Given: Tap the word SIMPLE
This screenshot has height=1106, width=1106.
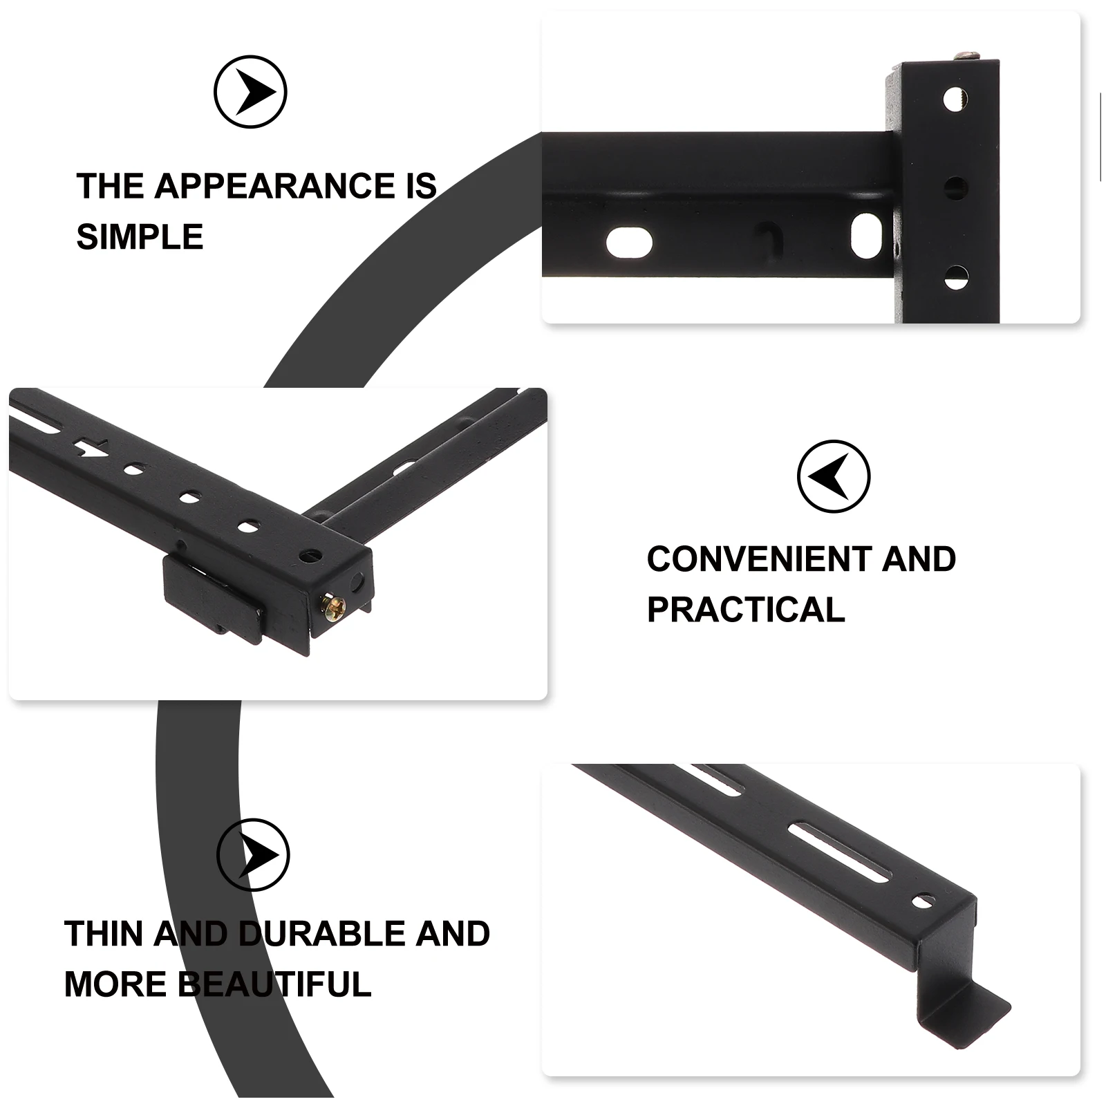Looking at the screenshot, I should tap(140, 237).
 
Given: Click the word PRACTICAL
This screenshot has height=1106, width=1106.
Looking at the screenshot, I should tap(746, 610).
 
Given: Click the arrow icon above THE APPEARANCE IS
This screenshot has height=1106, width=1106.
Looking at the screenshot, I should tap(250, 92).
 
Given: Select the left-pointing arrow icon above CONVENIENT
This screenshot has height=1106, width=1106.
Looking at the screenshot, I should tap(833, 476).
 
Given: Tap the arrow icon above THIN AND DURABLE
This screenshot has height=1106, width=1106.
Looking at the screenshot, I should tap(253, 855).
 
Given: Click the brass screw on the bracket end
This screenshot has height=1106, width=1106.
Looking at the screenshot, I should tap(331, 606).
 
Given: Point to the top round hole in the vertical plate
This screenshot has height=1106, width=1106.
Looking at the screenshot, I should tap(955, 98).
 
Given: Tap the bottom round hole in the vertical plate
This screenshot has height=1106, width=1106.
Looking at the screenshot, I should tap(955, 278).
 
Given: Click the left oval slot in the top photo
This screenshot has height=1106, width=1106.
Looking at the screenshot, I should tap(629, 243).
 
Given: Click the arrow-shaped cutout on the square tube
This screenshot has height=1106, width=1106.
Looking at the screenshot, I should tap(88, 448).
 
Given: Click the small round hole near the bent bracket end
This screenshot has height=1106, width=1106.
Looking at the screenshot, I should tap(920, 901).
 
